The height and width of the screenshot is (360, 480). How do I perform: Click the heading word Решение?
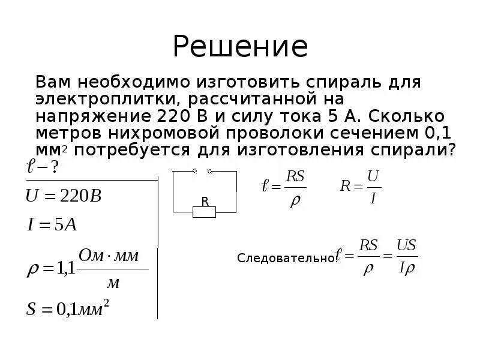point(240,47)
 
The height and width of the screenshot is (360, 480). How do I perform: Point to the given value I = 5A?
point(52,226)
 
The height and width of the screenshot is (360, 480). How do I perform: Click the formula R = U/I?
point(361,186)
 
